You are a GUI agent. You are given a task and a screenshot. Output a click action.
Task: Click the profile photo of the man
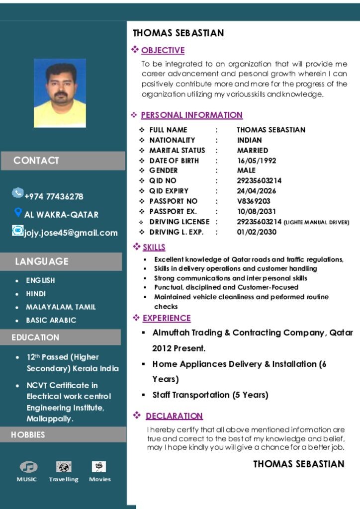(60, 93)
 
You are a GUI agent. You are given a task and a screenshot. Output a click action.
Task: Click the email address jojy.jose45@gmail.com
(71, 233)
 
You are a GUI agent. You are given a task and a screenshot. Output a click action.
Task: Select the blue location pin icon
(18, 213)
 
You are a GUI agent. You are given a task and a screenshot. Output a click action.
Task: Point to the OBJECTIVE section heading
(163, 50)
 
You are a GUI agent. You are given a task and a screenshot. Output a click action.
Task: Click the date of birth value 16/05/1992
(257, 161)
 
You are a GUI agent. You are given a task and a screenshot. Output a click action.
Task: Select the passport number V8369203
(254, 201)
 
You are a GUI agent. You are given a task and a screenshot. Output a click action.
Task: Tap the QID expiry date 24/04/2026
(257, 191)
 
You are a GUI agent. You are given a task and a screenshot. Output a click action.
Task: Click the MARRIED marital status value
(253, 150)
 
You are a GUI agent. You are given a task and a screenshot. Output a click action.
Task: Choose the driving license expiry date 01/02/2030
(257, 232)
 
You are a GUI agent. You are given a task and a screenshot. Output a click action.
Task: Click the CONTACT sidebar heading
(36, 161)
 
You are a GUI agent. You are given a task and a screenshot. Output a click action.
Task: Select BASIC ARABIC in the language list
(51, 320)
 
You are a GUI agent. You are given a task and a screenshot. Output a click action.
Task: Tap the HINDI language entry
(36, 294)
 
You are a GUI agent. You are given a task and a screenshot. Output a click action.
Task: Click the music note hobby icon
(28, 467)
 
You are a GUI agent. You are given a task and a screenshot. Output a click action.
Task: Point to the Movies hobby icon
(99, 467)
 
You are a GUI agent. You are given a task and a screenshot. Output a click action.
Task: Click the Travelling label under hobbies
(64, 479)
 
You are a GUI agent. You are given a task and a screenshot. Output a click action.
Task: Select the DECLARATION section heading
(174, 416)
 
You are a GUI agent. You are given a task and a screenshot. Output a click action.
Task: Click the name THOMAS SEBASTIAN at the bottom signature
(299, 464)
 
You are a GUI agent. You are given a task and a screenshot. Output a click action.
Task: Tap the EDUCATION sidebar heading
(35, 337)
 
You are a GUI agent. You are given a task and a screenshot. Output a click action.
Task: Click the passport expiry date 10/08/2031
(257, 211)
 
